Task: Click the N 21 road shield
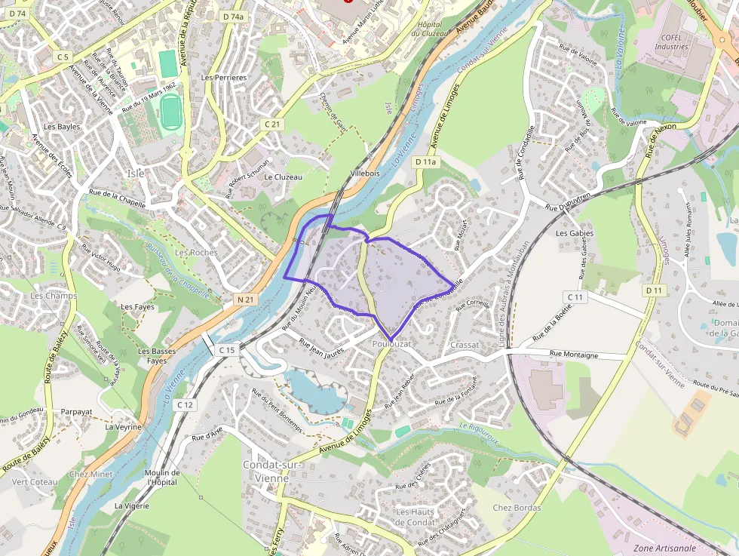tap(245, 300)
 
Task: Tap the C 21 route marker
tap(272, 124)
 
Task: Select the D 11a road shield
tap(425, 162)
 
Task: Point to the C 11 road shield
tap(575, 297)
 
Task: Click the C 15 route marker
tap(226, 350)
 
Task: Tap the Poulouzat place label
tap(391, 344)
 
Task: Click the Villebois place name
tap(365, 174)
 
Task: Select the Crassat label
tap(464, 345)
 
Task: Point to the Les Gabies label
tap(575, 233)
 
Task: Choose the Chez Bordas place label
tap(517, 508)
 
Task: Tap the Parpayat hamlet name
tap(76, 412)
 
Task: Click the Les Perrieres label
tap(224, 78)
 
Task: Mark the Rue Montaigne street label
tap(578, 352)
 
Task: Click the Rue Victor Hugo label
tap(100, 258)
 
